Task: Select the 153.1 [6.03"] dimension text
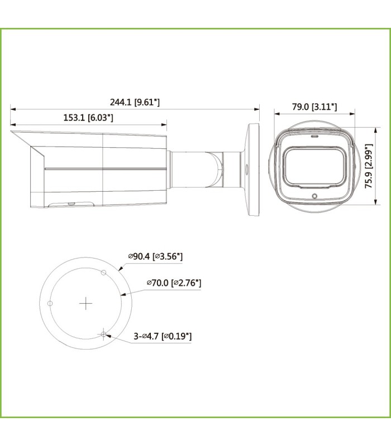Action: tap(88, 118)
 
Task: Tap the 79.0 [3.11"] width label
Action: tap(314, 106)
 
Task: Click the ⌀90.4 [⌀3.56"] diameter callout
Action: tap(156, 256)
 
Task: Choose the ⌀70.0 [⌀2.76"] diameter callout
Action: tap(174, 283)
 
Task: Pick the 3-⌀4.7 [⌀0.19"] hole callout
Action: tap(163, 336)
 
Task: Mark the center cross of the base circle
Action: tap(85, 303)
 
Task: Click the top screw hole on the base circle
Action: tap(103, 273)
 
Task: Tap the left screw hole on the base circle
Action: tap(50, 303)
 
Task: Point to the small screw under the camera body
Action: tap(71, 204)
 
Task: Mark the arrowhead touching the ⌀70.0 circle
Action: tap(122, 293)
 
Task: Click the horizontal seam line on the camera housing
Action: tap(106, 168)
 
